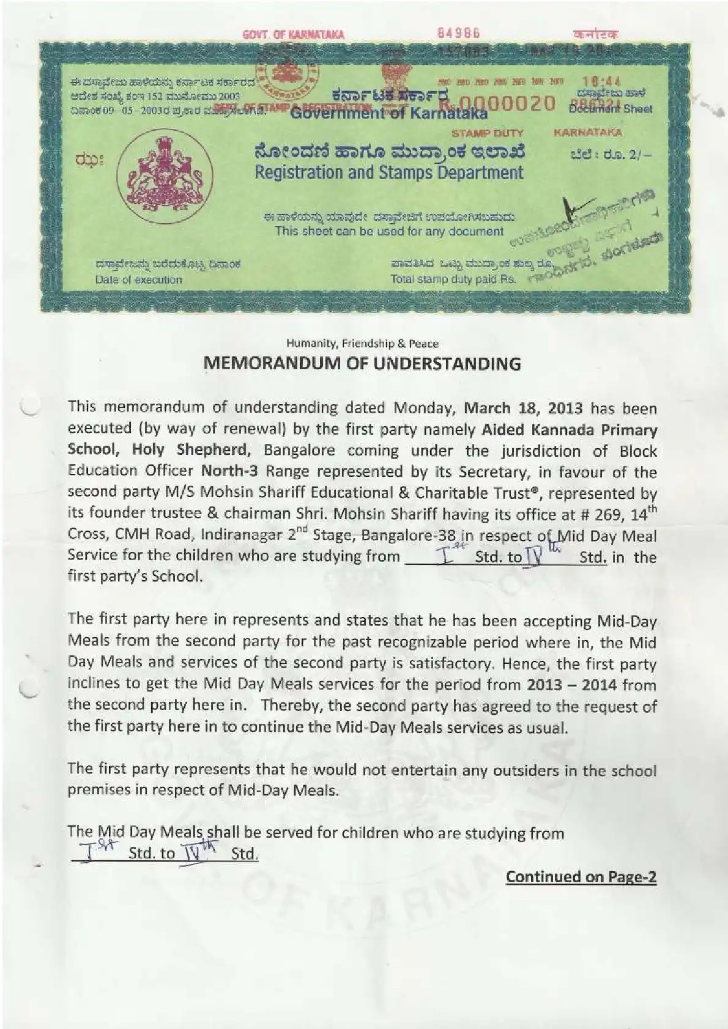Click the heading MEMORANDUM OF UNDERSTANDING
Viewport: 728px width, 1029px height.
click(362, 364)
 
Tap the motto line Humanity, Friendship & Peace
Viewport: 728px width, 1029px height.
click(362, 344)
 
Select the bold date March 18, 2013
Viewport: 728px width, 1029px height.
click(524, 408)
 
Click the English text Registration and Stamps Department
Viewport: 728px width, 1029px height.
click(389, 172)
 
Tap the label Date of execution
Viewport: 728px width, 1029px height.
click(138, 280)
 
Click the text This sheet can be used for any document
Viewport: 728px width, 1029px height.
click(389, 231)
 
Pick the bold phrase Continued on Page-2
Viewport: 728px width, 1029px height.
click(581, 877)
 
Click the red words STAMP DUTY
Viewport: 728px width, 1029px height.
click(487, 133)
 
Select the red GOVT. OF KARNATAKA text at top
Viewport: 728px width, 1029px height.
click(293, 34)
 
